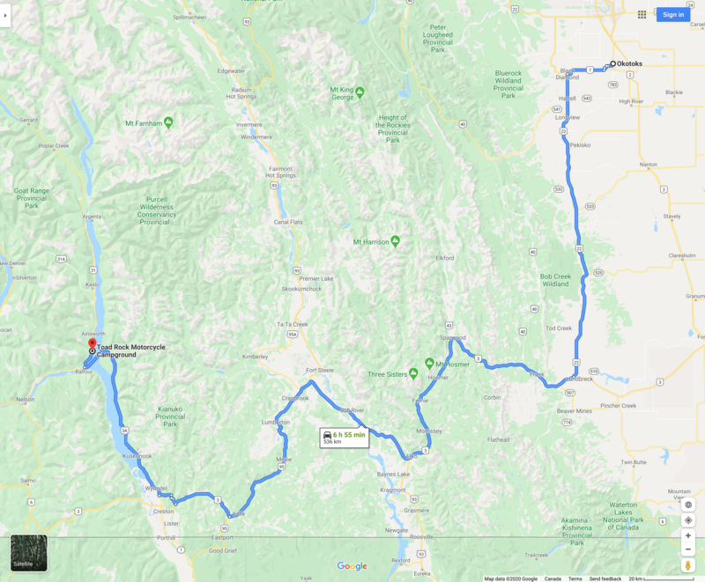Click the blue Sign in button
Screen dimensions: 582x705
673,14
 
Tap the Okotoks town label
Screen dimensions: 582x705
631,63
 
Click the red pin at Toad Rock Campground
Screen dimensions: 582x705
92,343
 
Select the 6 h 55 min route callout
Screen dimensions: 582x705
344,437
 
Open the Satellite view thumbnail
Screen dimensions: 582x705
29,553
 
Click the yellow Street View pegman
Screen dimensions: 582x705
688,564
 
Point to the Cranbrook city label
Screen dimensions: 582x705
295,397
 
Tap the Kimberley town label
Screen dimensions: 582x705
255,357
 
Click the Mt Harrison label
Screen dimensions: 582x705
372,241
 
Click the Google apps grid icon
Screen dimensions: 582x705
642,14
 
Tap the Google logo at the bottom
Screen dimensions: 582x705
352,566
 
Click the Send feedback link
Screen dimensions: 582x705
605,578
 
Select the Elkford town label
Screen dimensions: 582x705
445,258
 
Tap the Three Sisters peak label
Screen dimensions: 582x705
388,373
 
